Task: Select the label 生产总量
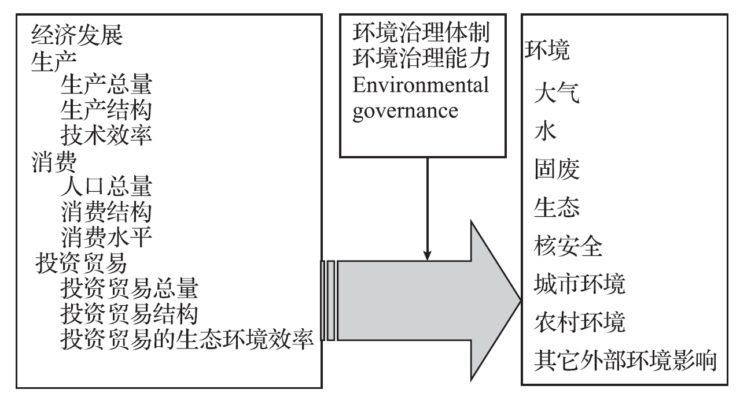tap(106, 85)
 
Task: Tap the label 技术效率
tap(106, 134)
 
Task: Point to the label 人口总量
tap(106, 187)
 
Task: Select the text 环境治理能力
tap(421, 59)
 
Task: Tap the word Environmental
tap(421, 85)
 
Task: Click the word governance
tap(405, 110)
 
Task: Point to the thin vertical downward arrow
tap(427, 208)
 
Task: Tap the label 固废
tap(557, 170)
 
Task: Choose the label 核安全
tap(569, 247)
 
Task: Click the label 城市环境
tap(580, 284)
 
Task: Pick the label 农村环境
tap(580, 322)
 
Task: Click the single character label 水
tap(546, 132)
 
